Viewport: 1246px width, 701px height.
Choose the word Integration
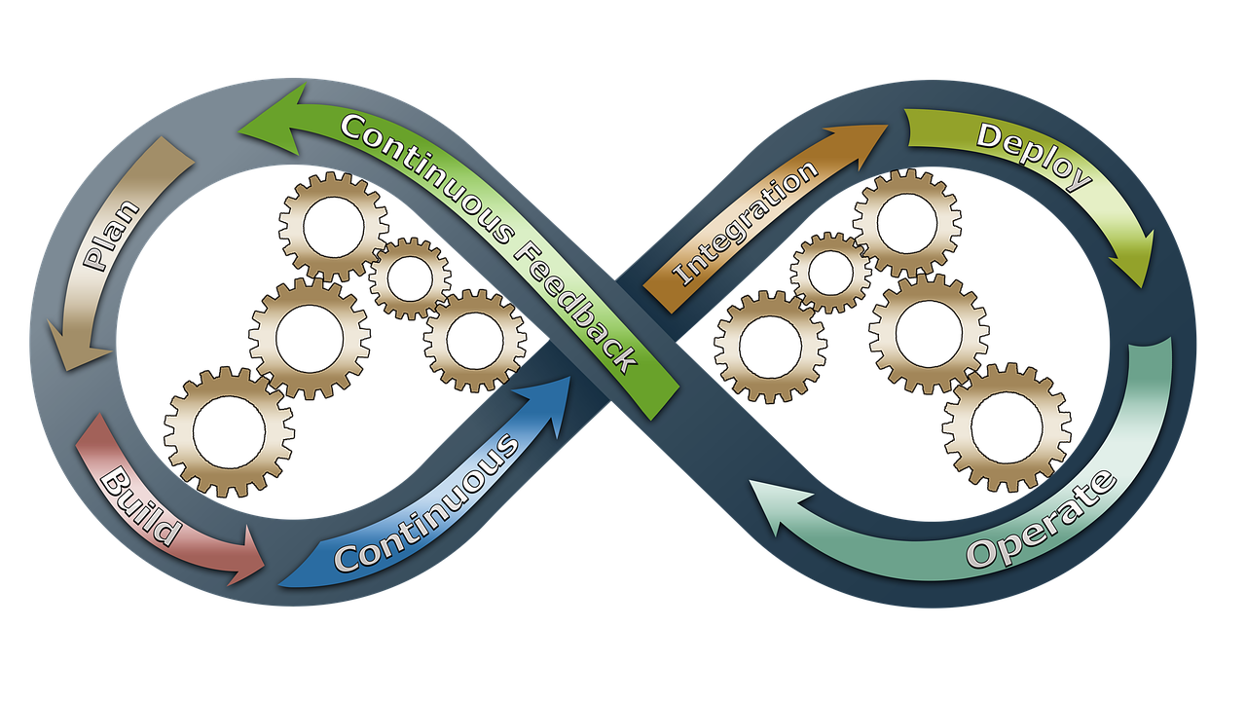coord(746,224)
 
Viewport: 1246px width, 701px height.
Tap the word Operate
coord(1043,522)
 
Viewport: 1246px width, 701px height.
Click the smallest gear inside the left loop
coord(410,278)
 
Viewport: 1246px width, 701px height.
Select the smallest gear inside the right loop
coord(830,273)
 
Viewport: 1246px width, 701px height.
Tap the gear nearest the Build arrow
coord(229,431)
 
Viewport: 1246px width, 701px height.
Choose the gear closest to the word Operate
coord(1007,427)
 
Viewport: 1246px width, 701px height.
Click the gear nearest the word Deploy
coord(906,222)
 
